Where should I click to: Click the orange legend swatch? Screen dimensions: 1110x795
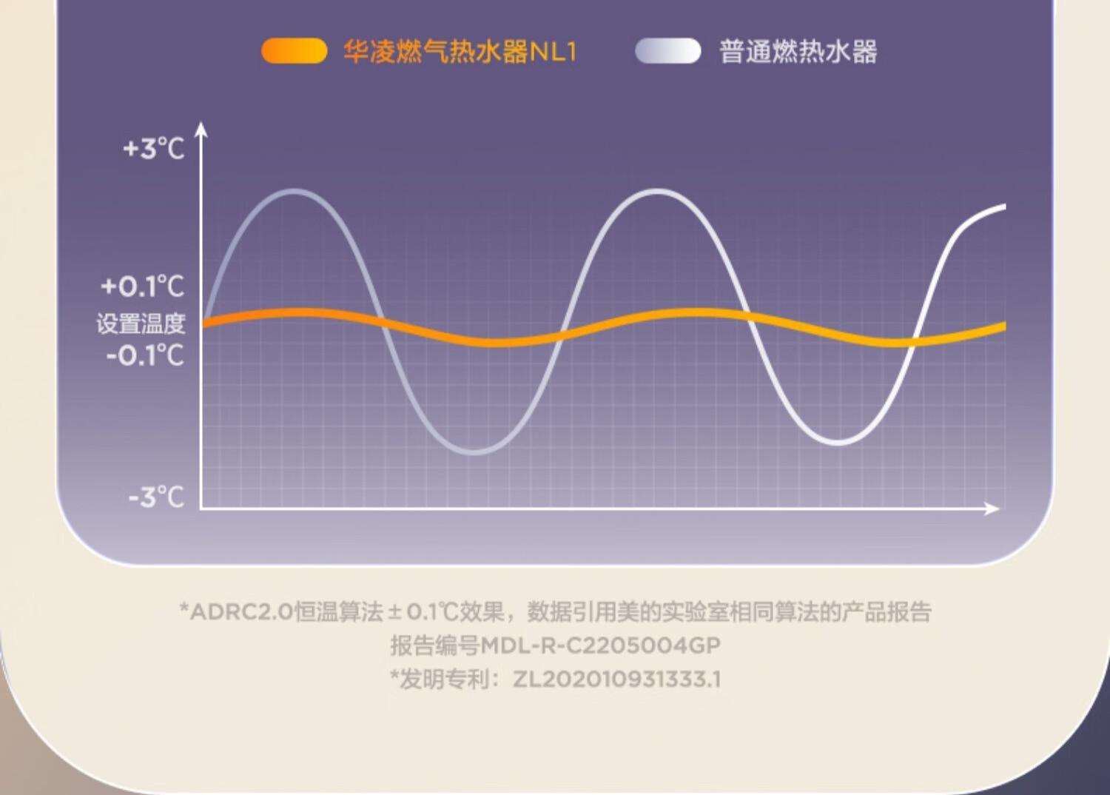point(295,51)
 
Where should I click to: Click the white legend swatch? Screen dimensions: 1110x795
point(668,51)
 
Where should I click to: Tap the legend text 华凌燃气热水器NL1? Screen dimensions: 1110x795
point(460,52)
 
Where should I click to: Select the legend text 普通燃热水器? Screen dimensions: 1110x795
point(798,52)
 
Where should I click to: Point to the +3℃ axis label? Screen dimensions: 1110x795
point(154,148)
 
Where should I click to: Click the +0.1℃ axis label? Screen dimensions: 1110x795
point(143,286)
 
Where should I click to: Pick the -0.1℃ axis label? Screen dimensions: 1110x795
point(145,355)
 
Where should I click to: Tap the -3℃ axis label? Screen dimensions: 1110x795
point(157,497)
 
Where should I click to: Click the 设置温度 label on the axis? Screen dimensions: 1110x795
point(141,323)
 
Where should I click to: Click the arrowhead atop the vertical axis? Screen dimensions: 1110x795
point(201,129)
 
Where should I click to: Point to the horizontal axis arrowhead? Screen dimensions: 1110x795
point(991,509)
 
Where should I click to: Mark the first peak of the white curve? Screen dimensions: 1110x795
point(295,192)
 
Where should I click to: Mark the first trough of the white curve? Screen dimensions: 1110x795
point(474,452)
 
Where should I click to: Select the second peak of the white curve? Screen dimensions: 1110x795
point(656,192)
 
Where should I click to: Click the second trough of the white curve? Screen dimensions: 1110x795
point(838,442)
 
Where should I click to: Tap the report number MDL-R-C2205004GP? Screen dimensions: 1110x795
point(601,645)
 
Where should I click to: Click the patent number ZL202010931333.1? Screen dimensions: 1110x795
point(616,679)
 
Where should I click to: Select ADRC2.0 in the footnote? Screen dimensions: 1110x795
point(242,612)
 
